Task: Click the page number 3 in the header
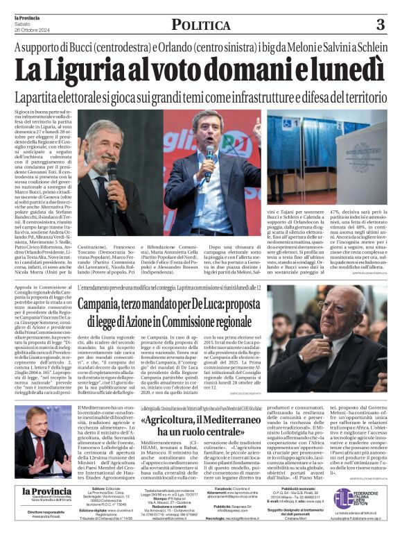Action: click(x=380, y=24)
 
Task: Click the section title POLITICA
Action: click(x=201, y=25)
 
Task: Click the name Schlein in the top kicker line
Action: click(x=365, y=48)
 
